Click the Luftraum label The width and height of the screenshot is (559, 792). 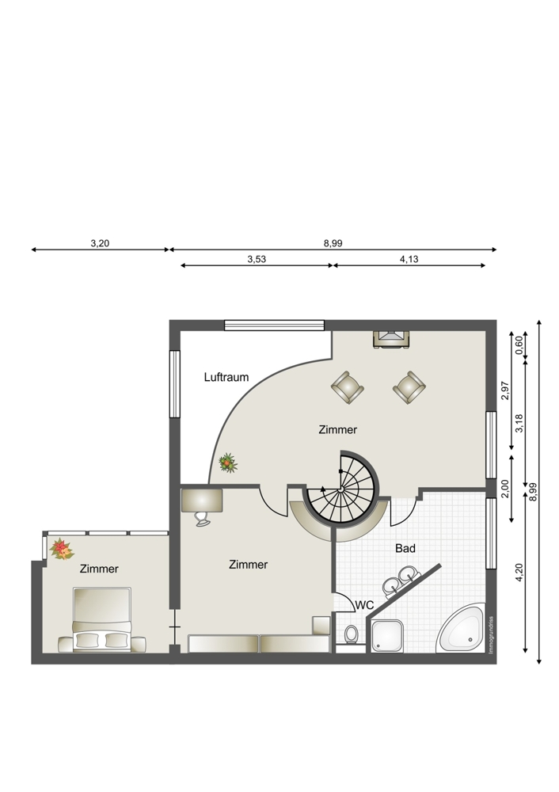226,377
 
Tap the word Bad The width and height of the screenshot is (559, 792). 405,548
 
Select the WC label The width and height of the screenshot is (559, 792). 364,604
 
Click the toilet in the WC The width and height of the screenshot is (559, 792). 351,634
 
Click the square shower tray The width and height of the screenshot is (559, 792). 387,636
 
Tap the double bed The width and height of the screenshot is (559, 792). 102,620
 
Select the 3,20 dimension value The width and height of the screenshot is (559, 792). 100,243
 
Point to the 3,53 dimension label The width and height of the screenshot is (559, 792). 257,260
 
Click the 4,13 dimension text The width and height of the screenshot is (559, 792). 409,260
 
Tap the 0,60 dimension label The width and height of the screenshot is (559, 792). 519,345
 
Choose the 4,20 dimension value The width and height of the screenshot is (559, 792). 519,573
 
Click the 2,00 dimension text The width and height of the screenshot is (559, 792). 504,489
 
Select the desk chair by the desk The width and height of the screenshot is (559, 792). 203,518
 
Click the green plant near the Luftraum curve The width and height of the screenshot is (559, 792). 228,463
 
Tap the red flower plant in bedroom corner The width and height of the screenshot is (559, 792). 62,550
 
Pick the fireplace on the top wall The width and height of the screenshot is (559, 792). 391,339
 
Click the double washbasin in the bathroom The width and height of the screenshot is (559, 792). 399,581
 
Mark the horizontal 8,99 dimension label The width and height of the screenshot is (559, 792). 333,243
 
